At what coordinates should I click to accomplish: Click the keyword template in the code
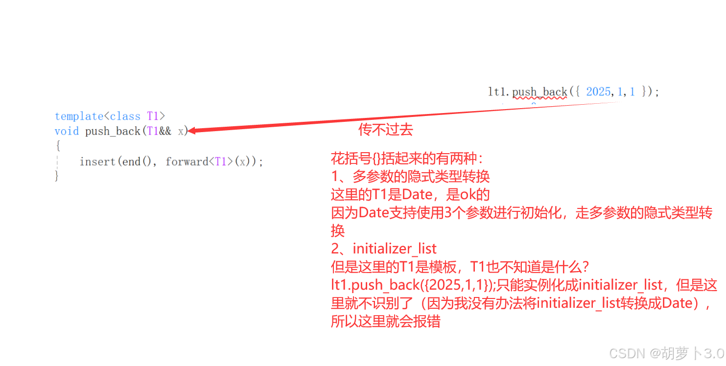pyautogui.click(x=79, y=116)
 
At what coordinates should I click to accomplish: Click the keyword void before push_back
pyautogui.click(x=67, y=131)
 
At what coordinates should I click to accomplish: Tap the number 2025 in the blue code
pyautogui.click(x=598, y=92)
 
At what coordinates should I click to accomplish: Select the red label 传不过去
pyautogui.click(x=386, y=130)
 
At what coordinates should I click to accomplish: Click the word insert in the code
pyautogui.click(x=97, y=161)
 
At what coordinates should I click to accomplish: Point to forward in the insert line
pyautogui.click(x=187, y=161)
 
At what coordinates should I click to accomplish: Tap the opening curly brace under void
pyautogui.click(x=58, y=146)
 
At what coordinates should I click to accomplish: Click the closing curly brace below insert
pyautogui.click(x=57, y=176)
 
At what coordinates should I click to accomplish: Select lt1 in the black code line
pyautogui.click(x=496, y=92)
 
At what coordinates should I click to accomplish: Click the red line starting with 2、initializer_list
pyautogui.click(x=384, y=249)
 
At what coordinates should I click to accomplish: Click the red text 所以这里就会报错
pyautogui.click(x=386, y=321)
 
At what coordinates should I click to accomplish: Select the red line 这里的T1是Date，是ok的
pyautogui.click(x=410, y=194)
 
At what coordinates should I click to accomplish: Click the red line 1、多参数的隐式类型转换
pyautogui.click(x=410, y=176)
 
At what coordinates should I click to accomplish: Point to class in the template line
pyautogui.click(x=125, y=116)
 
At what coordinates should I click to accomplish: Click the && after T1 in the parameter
pyautogui.click(x=165, y=131)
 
